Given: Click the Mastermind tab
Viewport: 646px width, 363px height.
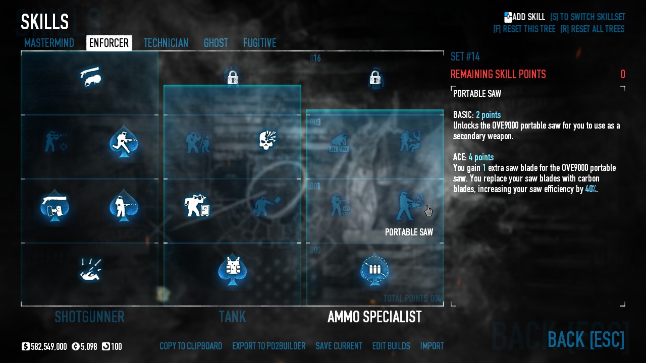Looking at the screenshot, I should point(49,43).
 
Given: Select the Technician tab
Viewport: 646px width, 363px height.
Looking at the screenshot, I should point(166,43).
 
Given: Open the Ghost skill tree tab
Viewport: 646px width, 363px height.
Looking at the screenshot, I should point(216,43).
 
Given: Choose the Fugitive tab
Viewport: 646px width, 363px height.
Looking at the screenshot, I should point(259,43).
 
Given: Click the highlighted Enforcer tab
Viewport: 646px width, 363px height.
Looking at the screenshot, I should point(109,43).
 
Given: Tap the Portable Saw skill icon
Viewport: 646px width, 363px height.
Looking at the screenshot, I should point(409,206).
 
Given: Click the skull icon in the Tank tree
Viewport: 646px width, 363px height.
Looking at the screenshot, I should point(267,141).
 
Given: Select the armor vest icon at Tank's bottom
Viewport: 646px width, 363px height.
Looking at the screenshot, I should point(232,269).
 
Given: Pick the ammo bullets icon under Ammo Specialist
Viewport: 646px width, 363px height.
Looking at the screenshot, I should point(374,269).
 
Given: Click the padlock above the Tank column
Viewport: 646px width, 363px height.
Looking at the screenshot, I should point(232,78).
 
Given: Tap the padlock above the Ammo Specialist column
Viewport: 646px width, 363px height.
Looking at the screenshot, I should point(374,78).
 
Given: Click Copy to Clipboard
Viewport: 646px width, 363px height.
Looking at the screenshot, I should point(191,346).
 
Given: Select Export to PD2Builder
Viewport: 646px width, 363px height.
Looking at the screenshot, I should point(268,346).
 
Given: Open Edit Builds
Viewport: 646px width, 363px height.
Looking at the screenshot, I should point(391,346).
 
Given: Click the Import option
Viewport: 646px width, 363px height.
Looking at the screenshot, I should point(432,346).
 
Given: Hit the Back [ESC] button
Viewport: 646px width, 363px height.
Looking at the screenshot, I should point(586,339).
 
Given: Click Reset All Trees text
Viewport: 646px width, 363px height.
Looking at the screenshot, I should point(593,29).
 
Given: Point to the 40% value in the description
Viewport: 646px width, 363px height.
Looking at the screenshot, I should point(590,189).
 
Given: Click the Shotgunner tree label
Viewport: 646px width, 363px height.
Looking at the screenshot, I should point(89,317).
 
